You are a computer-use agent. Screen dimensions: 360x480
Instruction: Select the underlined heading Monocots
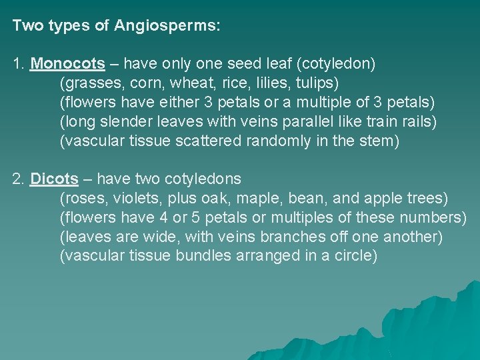[x=68, y=64]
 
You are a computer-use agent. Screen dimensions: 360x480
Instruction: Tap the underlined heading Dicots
[x=54, y=179]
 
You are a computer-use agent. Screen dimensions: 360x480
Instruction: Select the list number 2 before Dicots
[x=18, y=179]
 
